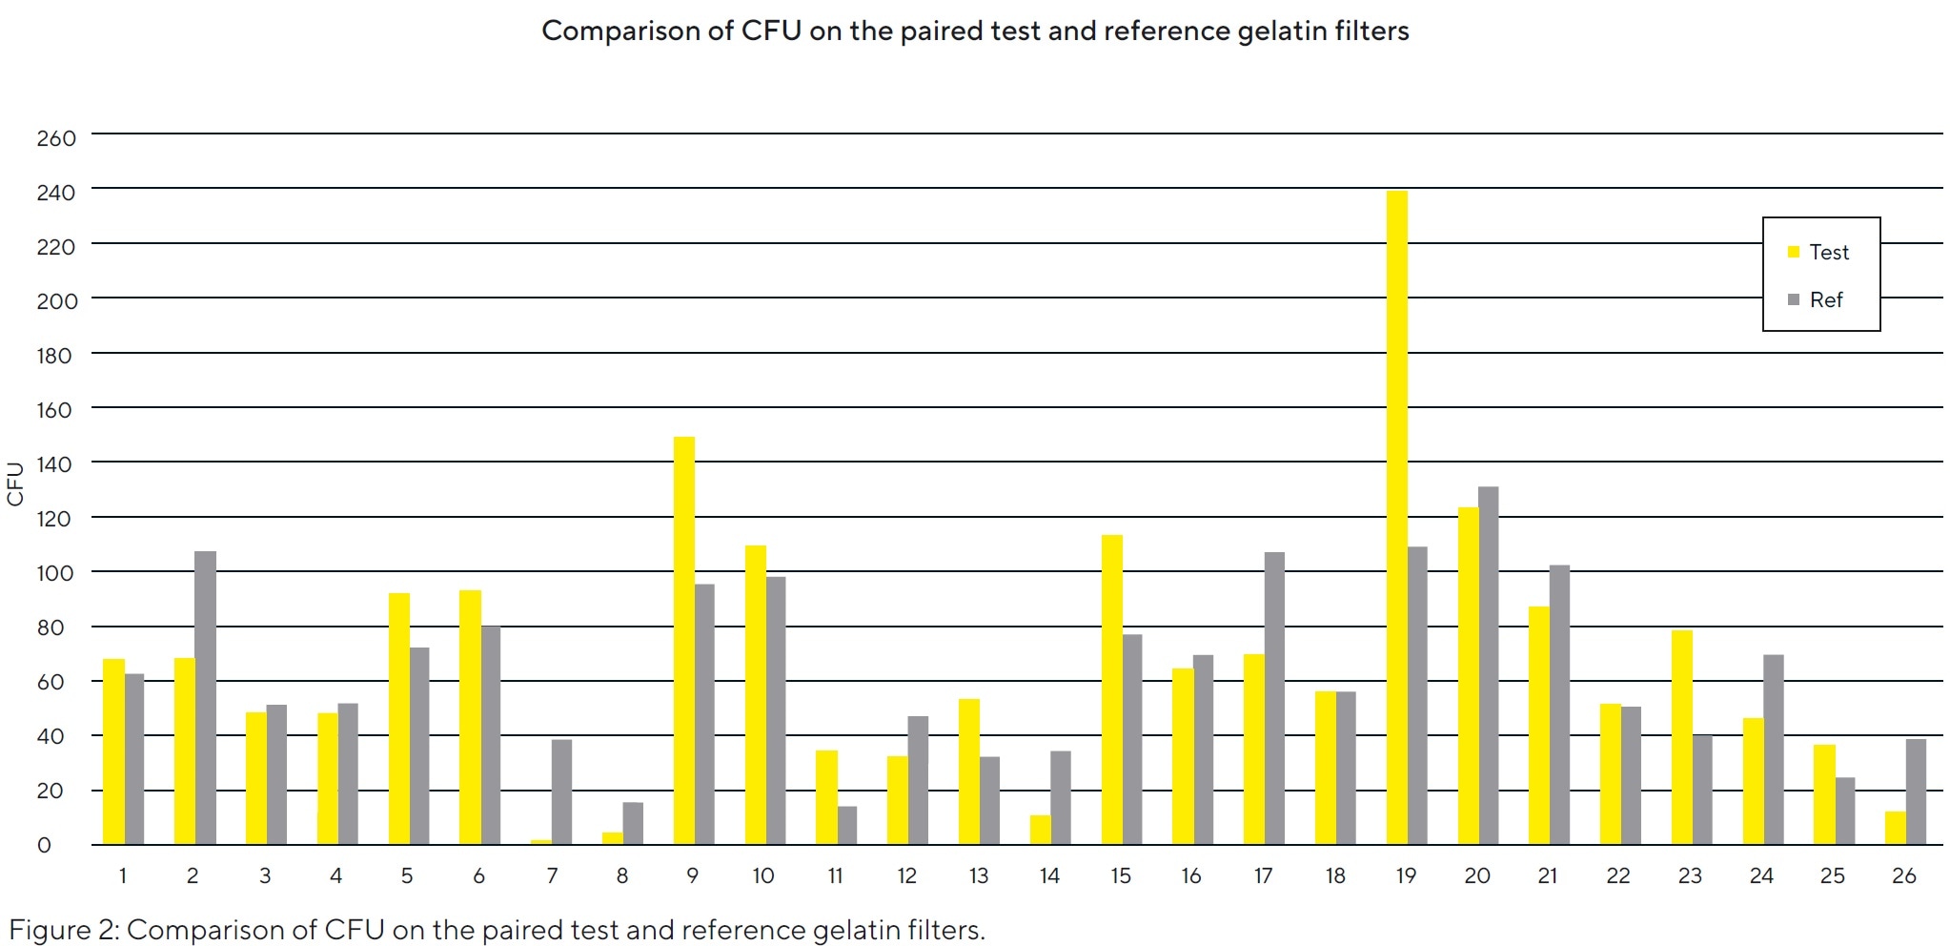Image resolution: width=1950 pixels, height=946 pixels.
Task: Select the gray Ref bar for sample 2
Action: coord(205,698)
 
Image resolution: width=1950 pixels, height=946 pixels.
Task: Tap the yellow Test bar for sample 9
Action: coord(683,641)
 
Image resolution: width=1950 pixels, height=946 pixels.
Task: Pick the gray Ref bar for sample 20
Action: coord(1488,666)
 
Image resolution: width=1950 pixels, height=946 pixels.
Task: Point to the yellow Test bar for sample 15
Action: coord(1111,690)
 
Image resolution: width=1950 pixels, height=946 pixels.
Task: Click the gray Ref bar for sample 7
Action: coord(561,792)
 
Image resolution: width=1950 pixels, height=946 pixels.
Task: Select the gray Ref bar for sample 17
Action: coord(1274,699)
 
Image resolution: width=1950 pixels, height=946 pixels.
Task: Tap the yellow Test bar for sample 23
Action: coord(1681,737)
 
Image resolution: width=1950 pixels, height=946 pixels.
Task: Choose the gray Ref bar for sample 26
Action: coord(1916,792)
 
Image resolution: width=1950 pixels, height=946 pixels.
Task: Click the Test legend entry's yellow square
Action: coord(1793,253)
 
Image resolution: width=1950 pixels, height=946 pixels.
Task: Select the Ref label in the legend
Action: coord(1826,300)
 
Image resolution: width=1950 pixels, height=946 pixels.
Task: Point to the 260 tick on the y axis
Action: coord(56,138)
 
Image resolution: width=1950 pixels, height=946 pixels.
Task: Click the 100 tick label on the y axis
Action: coord(56,574)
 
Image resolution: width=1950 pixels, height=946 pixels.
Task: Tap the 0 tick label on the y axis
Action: coord(44,846)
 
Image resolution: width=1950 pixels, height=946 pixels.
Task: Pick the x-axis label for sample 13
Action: coord(979,876)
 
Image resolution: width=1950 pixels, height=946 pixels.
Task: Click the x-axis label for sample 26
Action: coord(1903,876)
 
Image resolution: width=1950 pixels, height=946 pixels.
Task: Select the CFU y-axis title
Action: coord(15,483)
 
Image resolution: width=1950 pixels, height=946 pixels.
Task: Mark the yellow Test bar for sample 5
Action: coord(399,719)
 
